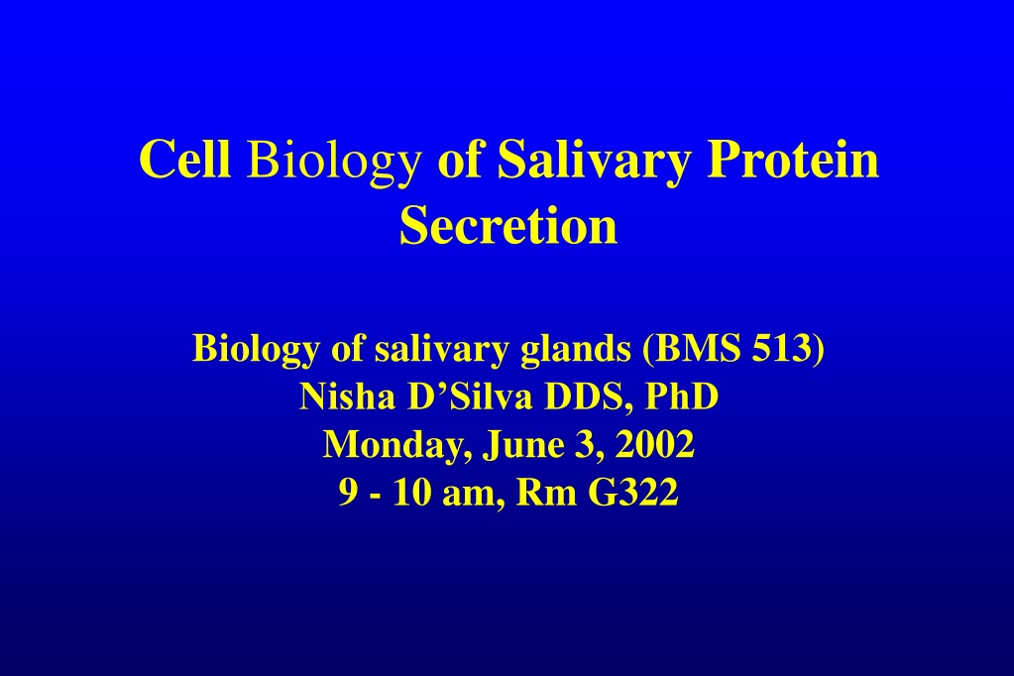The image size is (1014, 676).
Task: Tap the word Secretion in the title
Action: click(x=508, y=225)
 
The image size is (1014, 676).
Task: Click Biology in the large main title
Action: click(x=333, y=163)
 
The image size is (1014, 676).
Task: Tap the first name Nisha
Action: click(x=347, y=396)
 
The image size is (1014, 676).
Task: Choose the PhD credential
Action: click(x=682, y=396)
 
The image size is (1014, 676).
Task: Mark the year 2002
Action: click(x=654, y=444)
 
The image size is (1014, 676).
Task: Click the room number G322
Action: click(x=633, y=493)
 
